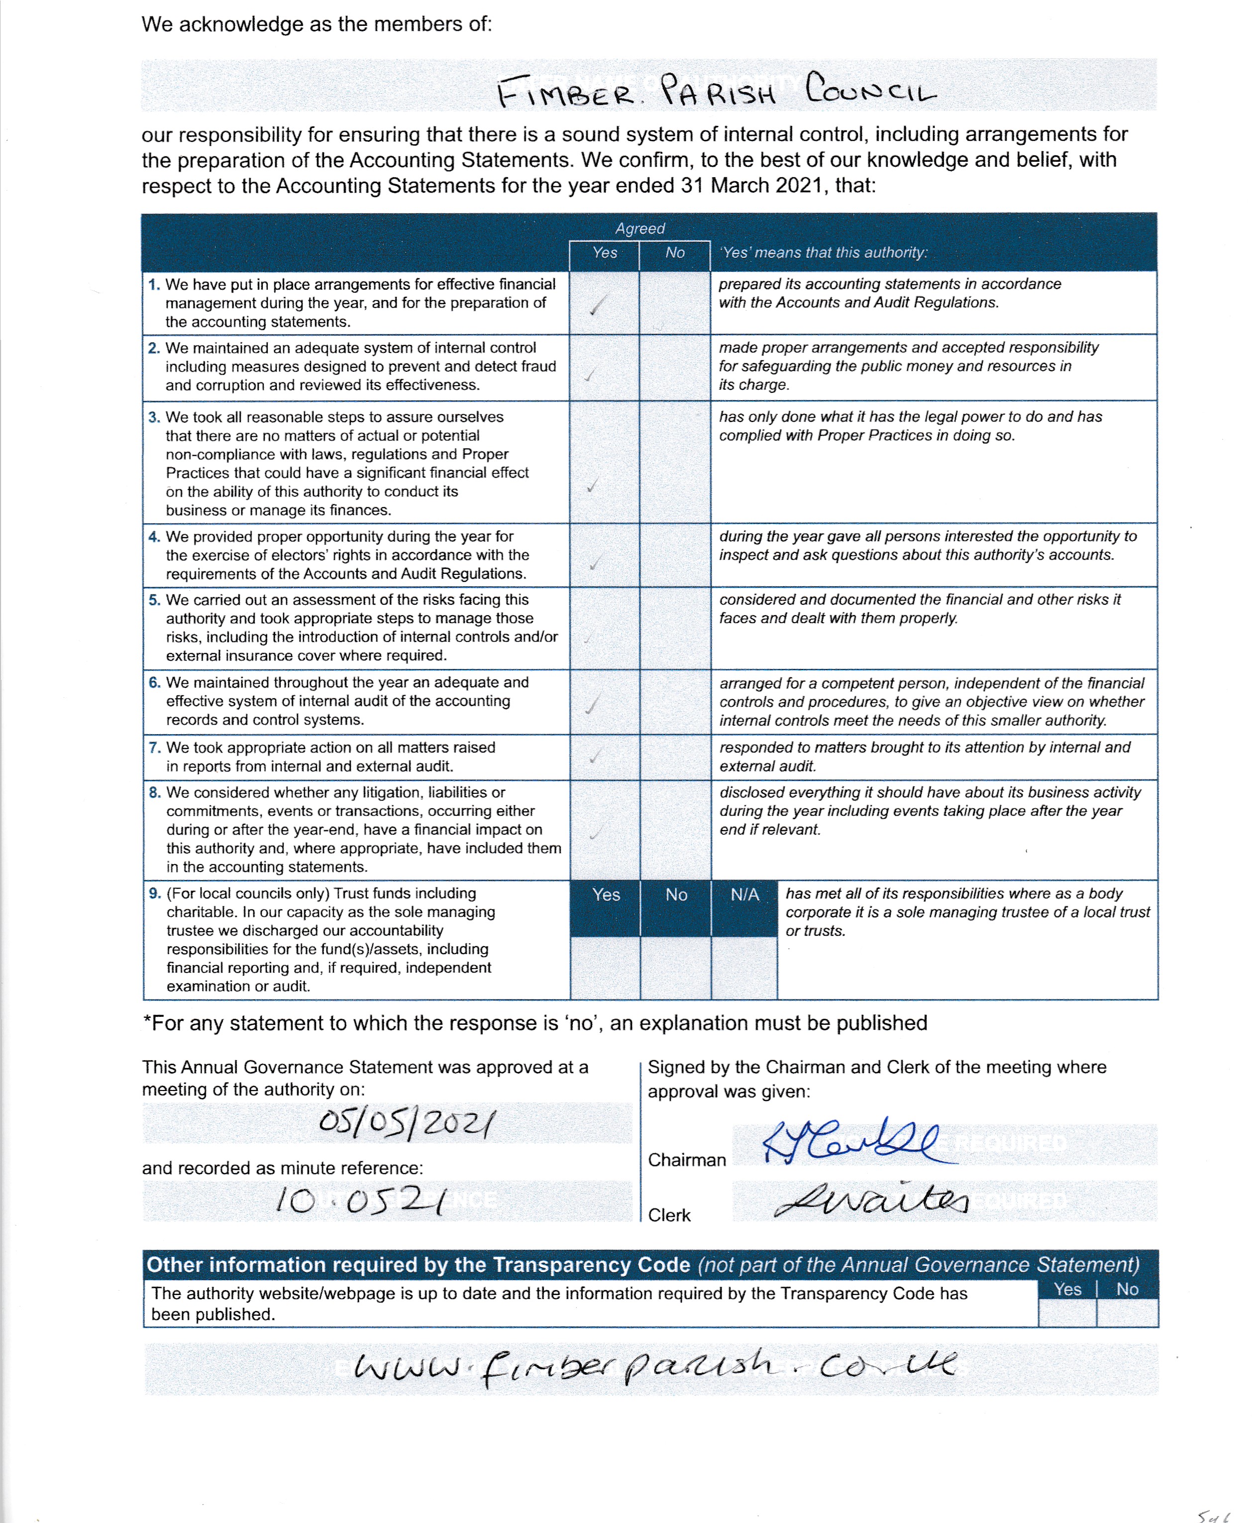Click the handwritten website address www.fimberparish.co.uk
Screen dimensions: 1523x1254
pos(654,1368)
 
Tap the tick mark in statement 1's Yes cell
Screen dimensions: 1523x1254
pos(597,306)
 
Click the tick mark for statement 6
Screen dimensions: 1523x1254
pos(593,703)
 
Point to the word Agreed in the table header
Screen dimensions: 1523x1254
pos(640,228)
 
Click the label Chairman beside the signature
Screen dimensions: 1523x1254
pos(686,1160)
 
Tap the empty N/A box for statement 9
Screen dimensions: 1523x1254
pos(744,968)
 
